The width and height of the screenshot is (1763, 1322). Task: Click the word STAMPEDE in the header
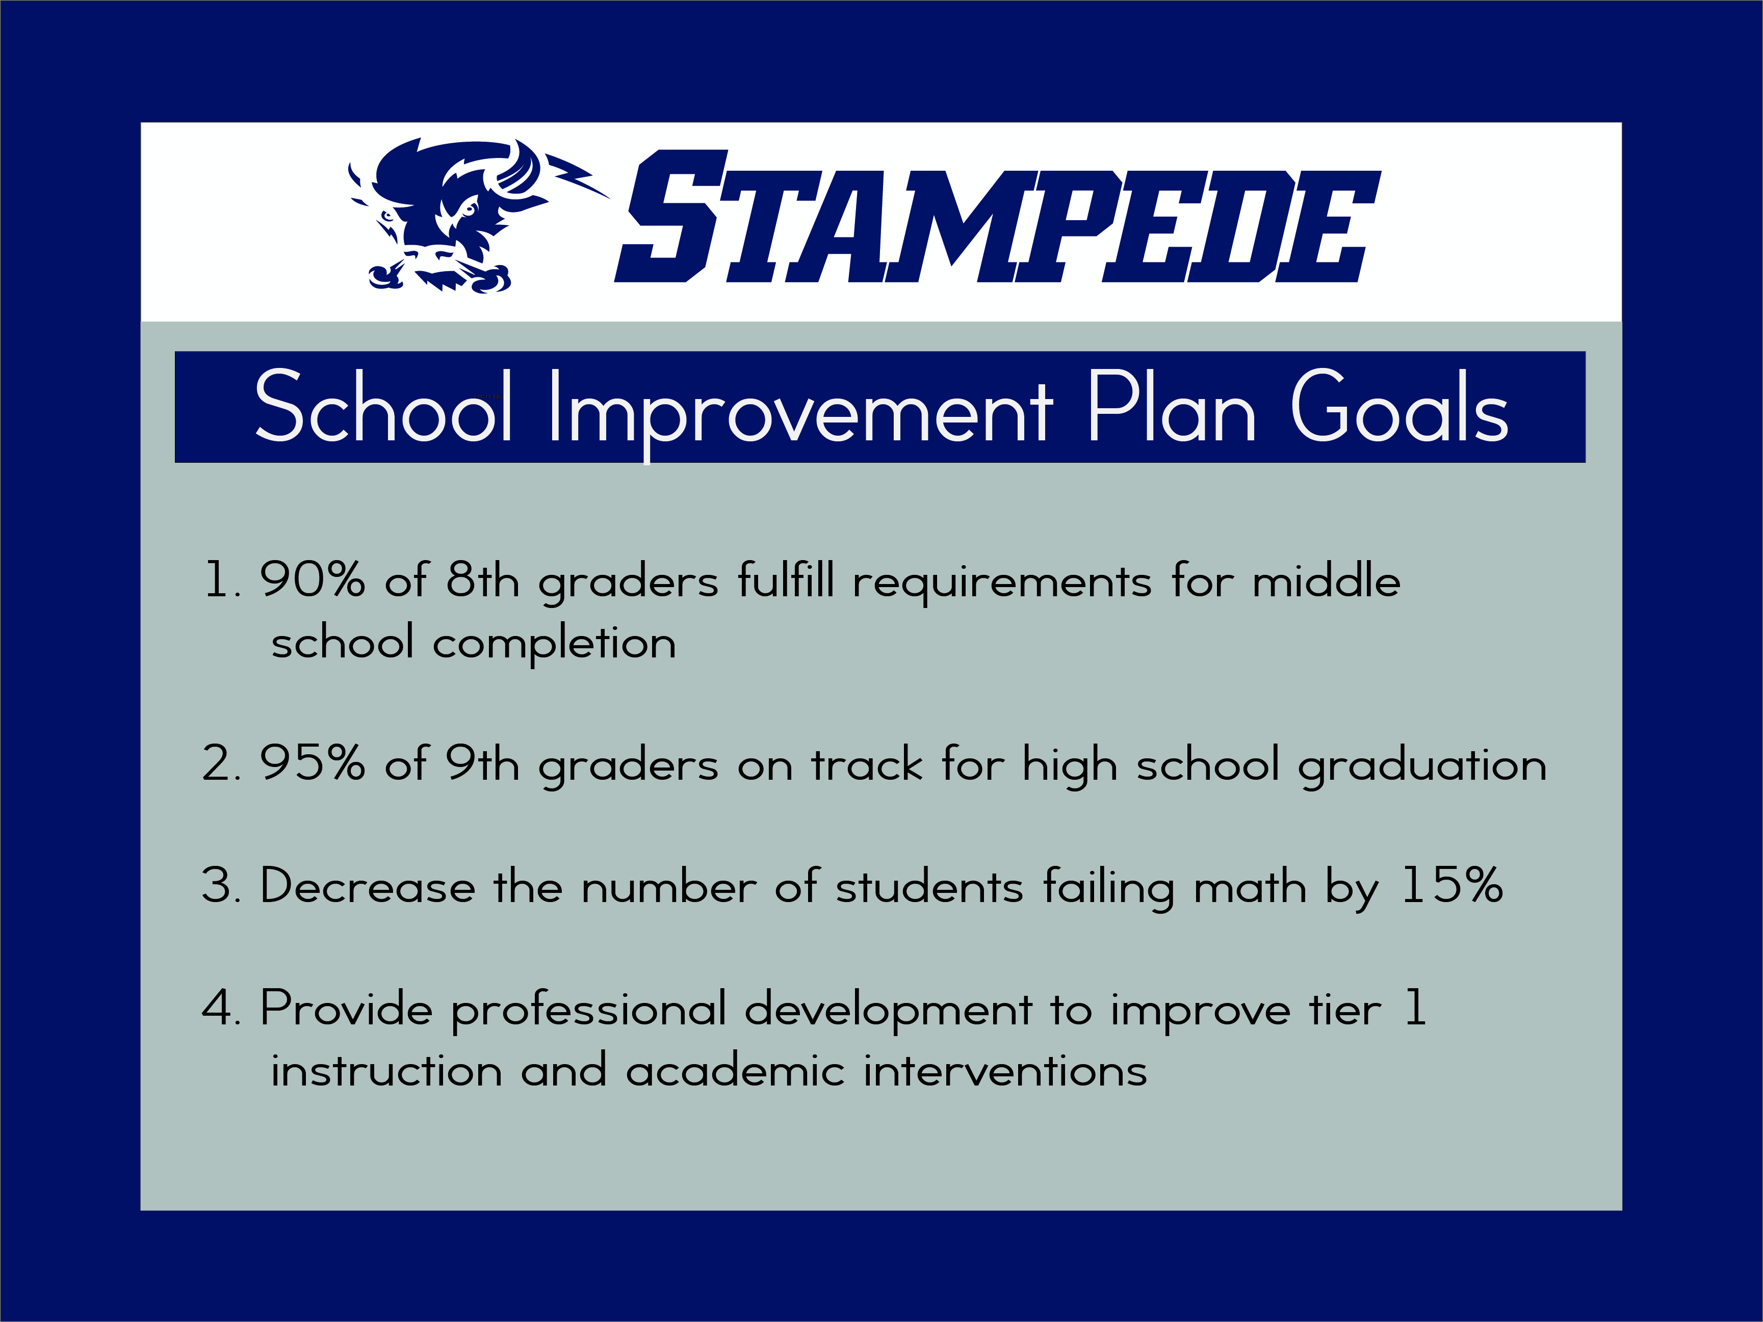[x=997, y=217]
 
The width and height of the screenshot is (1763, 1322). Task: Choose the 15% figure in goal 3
[x=1452, y=885]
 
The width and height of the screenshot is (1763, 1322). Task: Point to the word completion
[x=554, y=644]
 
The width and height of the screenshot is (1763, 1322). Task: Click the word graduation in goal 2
[x=1422, y=766]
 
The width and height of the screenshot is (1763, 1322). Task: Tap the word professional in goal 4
[x=589, y=1011]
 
